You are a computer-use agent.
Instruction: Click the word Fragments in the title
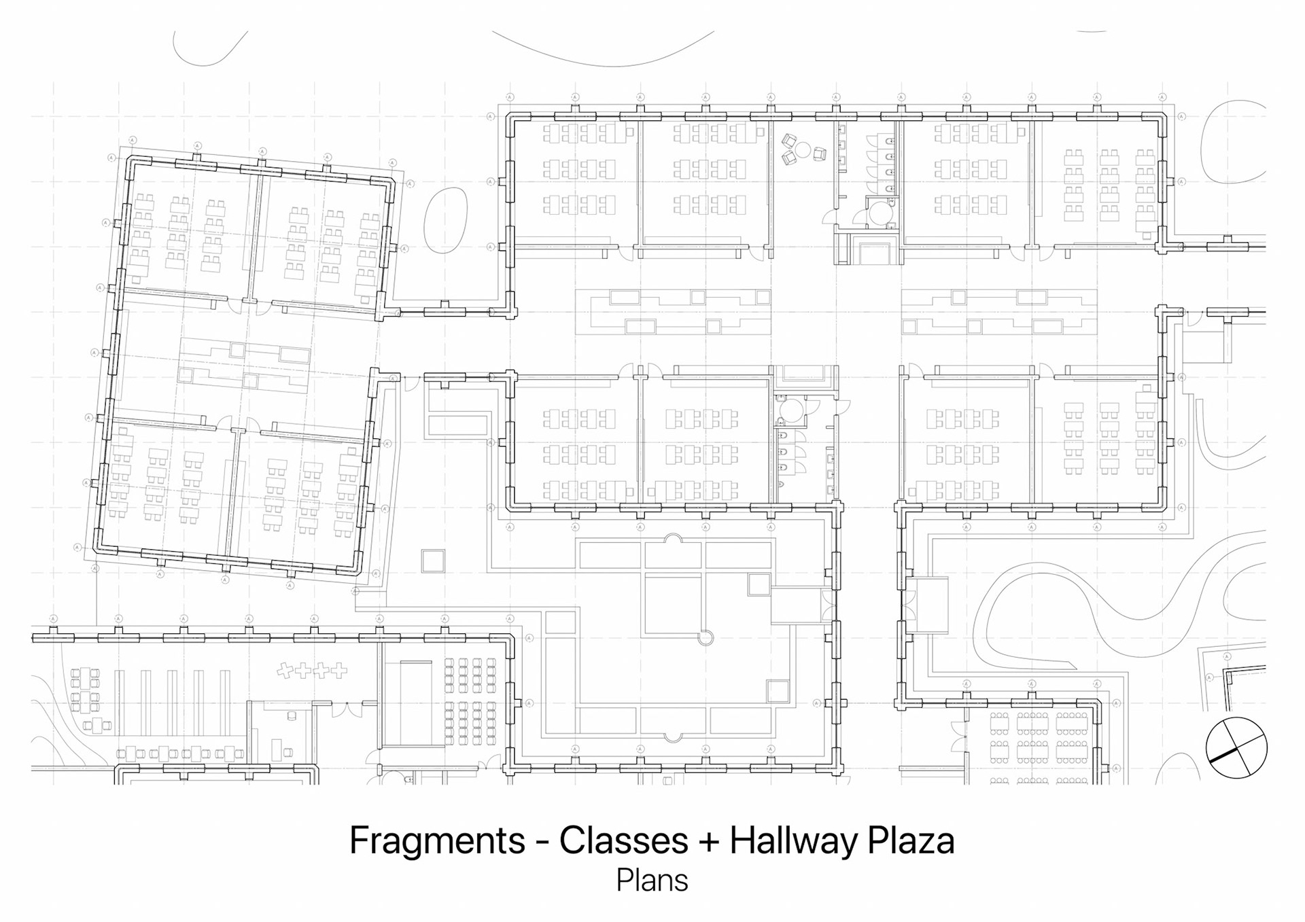[x=437, y=841]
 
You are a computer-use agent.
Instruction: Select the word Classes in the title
[x=623, y=841]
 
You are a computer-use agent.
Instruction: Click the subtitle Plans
[x=652, y=881]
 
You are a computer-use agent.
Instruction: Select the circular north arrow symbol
[x=1236, y=747]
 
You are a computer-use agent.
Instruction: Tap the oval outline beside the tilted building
[x=445, y=219]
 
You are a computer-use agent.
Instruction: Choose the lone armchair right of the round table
[x=820, y=154]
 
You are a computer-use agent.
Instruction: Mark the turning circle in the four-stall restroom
[x=881, y=213]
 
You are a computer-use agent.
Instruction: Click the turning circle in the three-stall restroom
[x=791, y=410]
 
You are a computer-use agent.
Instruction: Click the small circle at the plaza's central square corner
[x=706, y=637]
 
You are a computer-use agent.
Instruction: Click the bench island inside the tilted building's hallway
[x=245, y=365]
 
